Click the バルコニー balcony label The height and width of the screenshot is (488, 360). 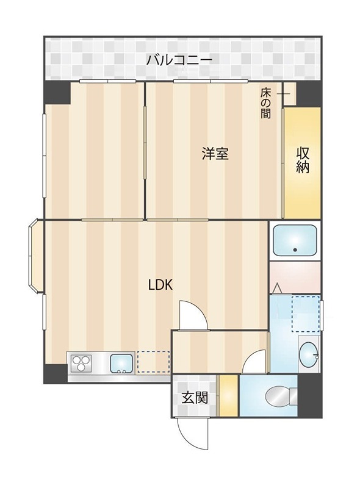(179, 60)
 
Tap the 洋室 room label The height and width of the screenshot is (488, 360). (215, 154)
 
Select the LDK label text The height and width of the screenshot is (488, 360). (161, 284)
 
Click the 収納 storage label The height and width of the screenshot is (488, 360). (303, 160)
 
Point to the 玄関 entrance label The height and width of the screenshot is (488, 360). (195, 398)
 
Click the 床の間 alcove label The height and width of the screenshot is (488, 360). (266, 103)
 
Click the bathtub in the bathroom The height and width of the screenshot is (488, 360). (294, 241)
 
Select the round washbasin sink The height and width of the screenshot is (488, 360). (309, 353)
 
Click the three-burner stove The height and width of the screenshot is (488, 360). (81, 364)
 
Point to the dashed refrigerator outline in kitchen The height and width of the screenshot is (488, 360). (153, 361)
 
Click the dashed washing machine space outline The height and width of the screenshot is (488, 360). (306, 314)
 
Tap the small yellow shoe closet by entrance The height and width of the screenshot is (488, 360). (228, 395)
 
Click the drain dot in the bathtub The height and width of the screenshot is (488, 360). (295, 249)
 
